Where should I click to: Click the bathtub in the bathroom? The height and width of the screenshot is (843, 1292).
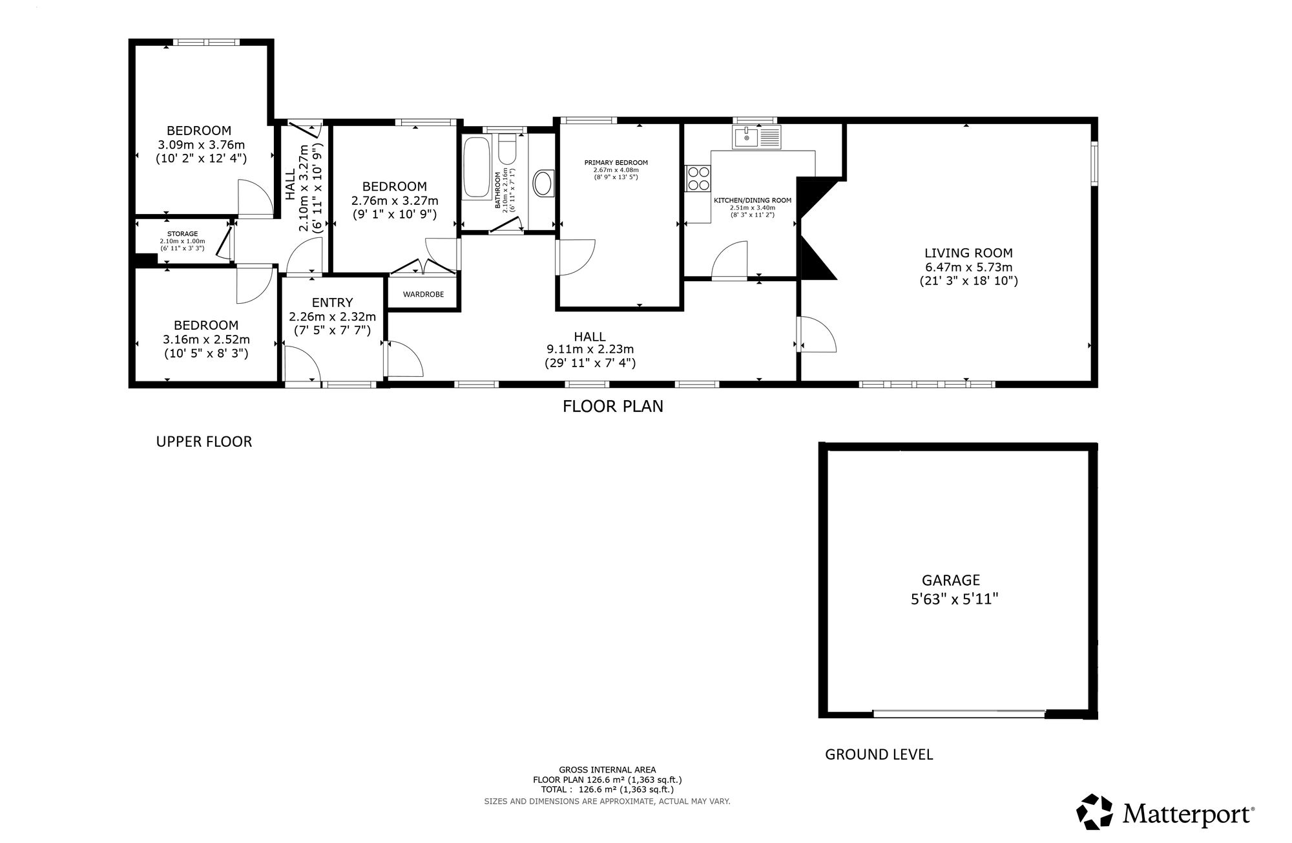[477, 167]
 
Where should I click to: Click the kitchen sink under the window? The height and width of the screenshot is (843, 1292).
[756, 137]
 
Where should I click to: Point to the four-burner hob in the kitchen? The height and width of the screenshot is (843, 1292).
[698, 178]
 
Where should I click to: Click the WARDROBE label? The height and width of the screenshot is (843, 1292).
[424, 294]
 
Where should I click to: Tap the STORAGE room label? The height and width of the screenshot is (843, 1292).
[183, 233]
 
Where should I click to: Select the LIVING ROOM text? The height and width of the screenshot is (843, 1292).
[968, 253]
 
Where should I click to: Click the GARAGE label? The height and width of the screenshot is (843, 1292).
[951, 581]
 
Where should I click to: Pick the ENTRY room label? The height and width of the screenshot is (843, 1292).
[333, 303]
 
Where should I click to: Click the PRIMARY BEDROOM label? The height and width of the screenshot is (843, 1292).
[616, 163]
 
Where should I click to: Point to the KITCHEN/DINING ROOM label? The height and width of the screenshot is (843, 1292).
[753, 200]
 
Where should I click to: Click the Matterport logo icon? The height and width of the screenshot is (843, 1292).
[1094, 811]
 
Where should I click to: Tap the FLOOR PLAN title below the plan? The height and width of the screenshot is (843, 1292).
[613, 407]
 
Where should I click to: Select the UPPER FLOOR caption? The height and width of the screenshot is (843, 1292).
[204, 442]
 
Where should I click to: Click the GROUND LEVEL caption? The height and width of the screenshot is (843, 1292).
[879, 754]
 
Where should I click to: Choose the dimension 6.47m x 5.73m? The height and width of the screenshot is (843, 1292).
[968, 267]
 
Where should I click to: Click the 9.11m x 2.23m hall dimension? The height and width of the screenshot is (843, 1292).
[590, 349]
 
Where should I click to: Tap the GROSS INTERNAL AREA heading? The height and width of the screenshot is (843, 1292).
[607, 770]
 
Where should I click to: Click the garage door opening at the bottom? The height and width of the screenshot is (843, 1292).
[959, 714]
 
